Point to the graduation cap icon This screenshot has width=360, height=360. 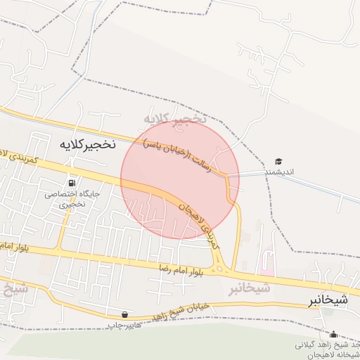(x=278, y=162)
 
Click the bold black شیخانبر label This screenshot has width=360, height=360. (x=328, y=300)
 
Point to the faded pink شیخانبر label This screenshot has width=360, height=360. (x=249, y=288)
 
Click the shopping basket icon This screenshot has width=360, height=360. (x=124, y=314)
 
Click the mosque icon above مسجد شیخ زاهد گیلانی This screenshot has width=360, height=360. (x=333, y=334)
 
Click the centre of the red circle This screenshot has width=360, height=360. (x=178, y=179)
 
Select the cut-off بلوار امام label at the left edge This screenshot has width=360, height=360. (x=13, y=247)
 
